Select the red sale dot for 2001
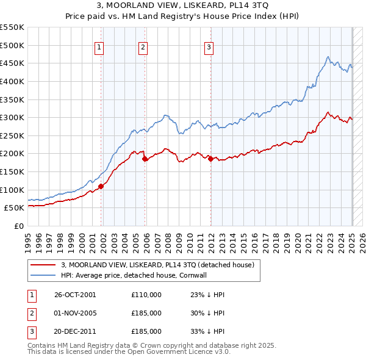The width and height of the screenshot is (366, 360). click(101, 186)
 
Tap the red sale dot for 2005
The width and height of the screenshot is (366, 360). click(145, 159)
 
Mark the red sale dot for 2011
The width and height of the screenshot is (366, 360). click(211, 159)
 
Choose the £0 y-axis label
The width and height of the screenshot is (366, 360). click(19, 226)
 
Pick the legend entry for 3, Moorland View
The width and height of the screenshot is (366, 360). click(161, 265)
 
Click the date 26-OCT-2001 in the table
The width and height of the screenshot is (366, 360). click(75, 295)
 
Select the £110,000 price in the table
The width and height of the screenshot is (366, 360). click(146, 295)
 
